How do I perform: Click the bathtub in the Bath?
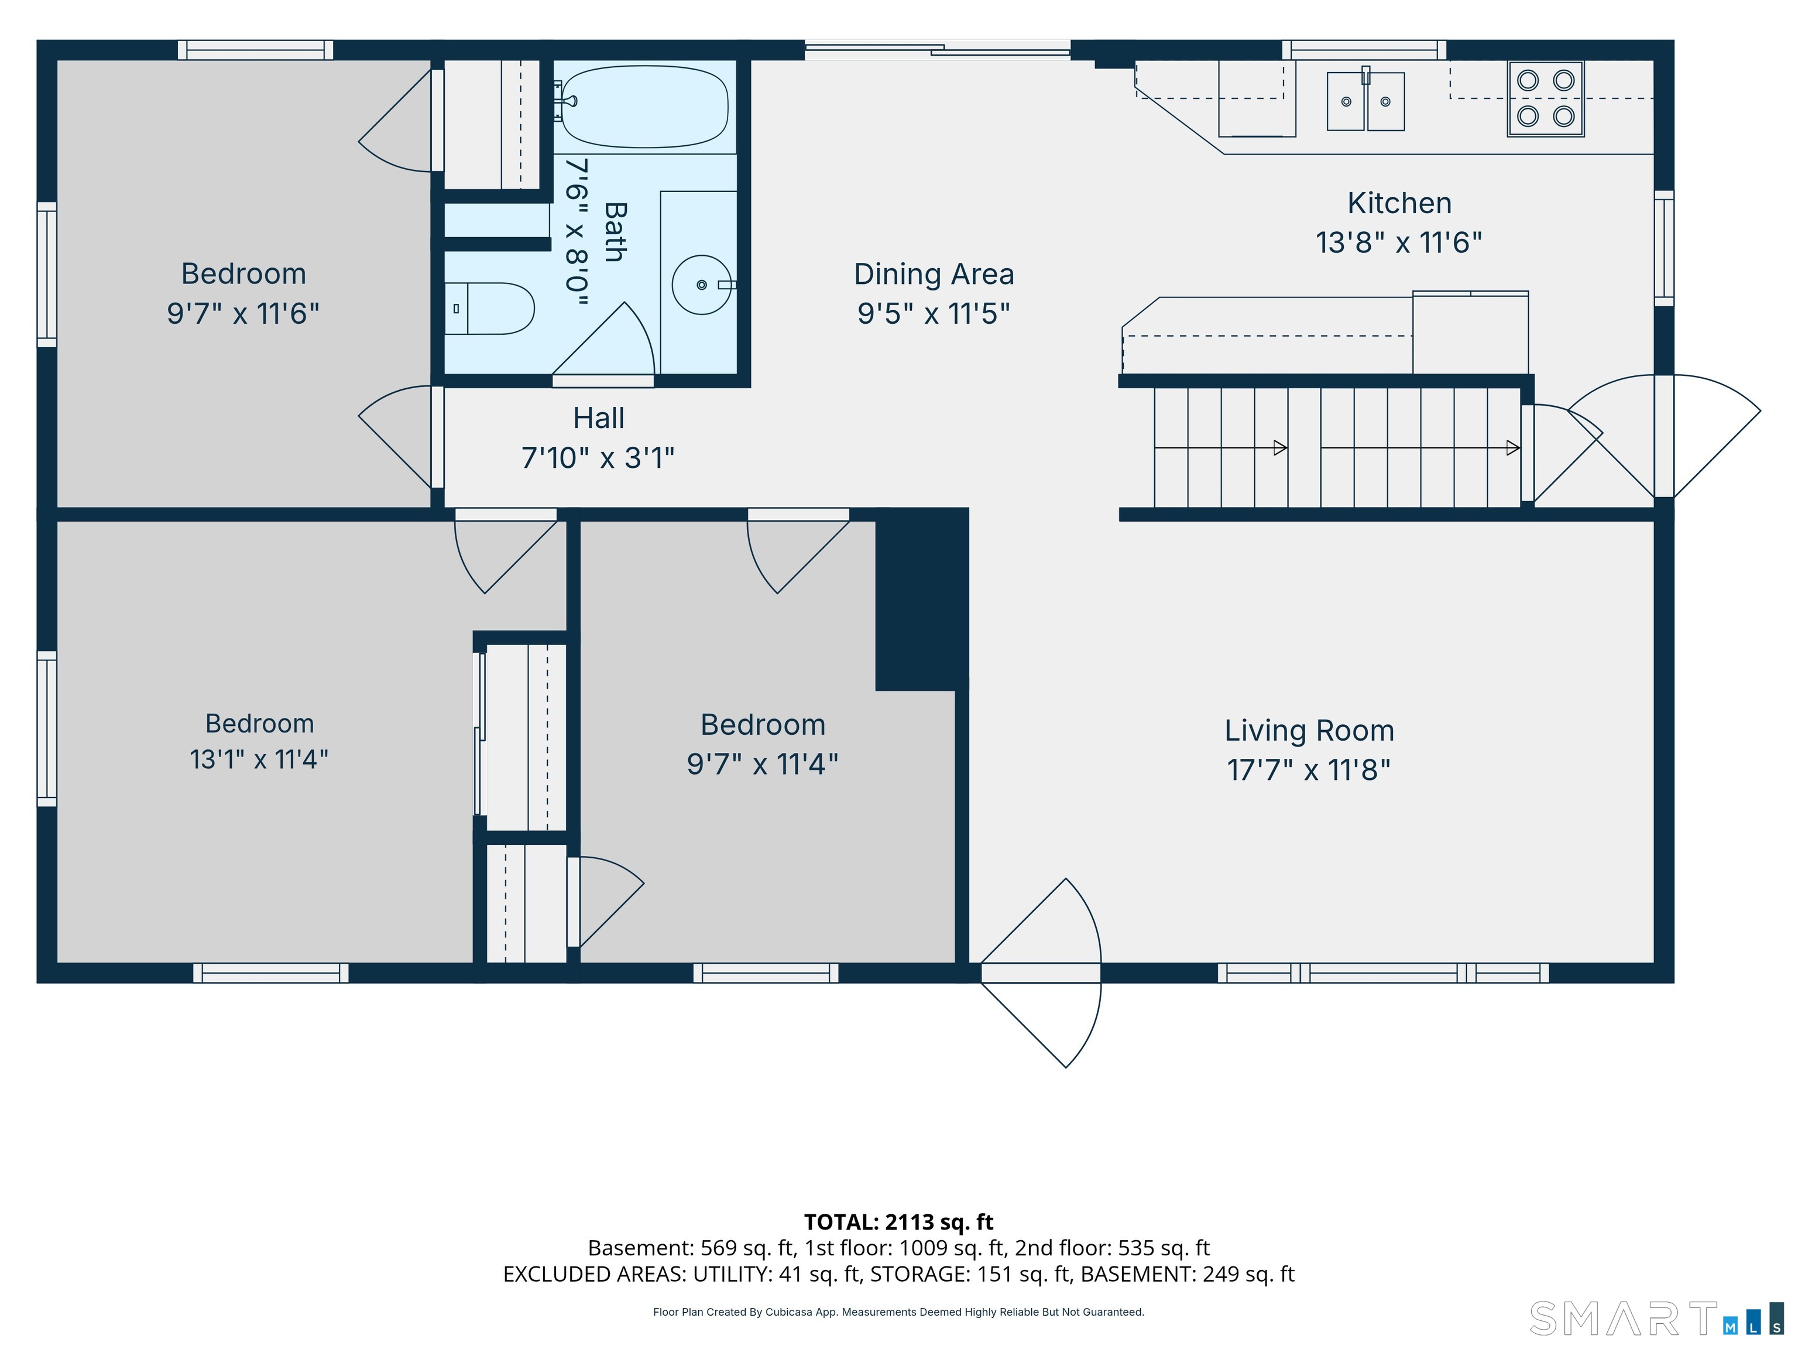tap(644, 107)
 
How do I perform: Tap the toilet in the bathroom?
tap(489, 309)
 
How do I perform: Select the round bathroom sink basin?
tap(702, 285)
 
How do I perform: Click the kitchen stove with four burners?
tap(1545, 98)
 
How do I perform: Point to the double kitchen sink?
tap(1365, 101)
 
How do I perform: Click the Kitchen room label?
tap(1399, 203)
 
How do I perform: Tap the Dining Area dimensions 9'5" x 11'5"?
tap(934, 313)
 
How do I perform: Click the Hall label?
tap(599, 418)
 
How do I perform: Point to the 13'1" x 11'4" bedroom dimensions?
tap(259, 759)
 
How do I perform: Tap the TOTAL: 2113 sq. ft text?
tap(898, 1222)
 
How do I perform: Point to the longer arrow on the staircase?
tap(1420, 448)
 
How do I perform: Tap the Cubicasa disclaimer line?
tap(898, 1312)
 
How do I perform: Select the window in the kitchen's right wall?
tap(1664, 248)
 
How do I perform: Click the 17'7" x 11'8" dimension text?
tap(1309, 769)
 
